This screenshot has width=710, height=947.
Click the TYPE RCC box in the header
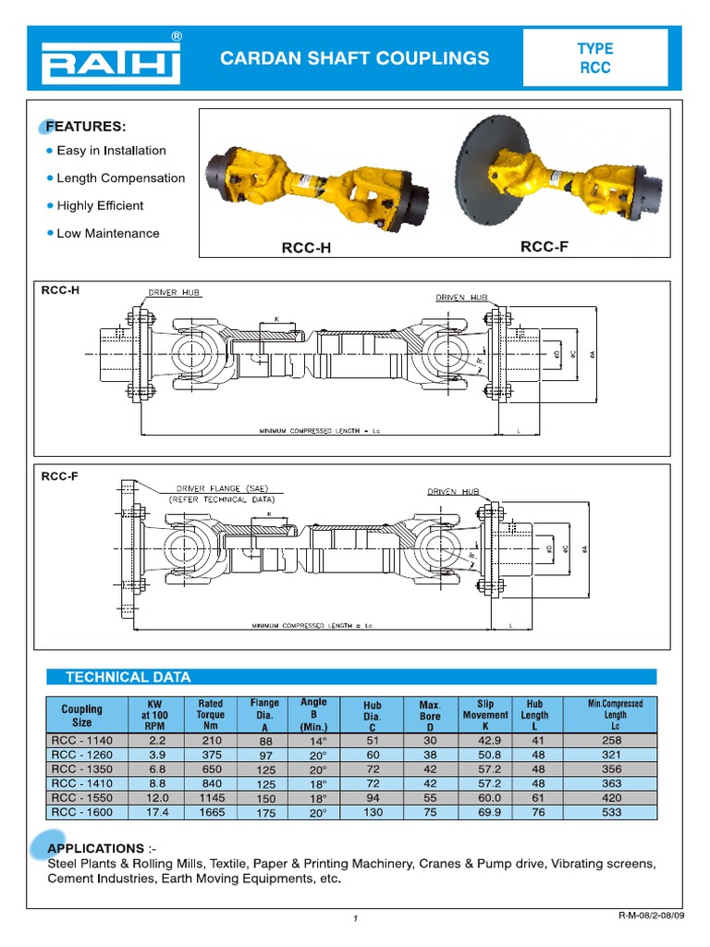pos(594,58)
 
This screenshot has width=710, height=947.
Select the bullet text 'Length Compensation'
pos(120,178)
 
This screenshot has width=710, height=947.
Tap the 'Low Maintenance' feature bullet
pos(107,234)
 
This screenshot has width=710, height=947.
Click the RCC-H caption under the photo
pos(306,248)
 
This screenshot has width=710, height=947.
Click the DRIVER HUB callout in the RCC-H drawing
pos(174,293)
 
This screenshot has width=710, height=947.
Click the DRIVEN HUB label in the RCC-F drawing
pos(453,492)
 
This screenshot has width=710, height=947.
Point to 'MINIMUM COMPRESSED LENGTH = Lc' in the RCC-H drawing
pos(319,431)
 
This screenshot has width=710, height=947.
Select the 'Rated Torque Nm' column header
pos(210,715)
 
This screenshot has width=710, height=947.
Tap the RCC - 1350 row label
pos(82,769)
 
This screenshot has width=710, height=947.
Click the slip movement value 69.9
pos(484,812)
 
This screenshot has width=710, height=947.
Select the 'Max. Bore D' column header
pos(429,716)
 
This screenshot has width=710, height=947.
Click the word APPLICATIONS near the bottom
pos(95,848)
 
